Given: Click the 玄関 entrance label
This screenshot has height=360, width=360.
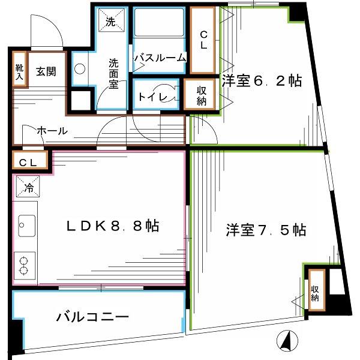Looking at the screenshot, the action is (x=46, y=71).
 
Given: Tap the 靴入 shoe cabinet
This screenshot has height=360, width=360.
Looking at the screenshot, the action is (x=20, y=69).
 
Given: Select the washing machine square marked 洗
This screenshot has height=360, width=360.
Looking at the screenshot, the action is (x=112, y=20).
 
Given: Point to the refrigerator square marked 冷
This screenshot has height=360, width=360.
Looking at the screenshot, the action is (x=28, y=187).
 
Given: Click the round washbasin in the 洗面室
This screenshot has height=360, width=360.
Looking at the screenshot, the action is (x=80, y=68).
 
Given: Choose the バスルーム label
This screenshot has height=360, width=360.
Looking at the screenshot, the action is (x=160, y=58).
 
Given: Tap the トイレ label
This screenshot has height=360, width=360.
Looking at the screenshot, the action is (x=152, y=97).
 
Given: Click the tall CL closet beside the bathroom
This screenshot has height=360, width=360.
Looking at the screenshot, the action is (x=203, y=40).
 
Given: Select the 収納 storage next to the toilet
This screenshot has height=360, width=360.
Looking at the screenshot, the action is (x=200, y=94).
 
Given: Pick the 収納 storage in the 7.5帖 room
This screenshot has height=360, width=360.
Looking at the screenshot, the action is (x=317, y=290).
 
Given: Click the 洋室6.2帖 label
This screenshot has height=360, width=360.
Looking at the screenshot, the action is (x=262, y=81).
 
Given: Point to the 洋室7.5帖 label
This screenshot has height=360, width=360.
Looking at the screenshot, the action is (x=266, y=230).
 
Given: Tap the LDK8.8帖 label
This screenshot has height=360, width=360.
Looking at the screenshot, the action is (x=113, y=226).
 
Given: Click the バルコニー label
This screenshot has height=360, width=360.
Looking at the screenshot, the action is (x=92, y=317).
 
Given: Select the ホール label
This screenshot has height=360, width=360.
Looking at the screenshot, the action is (x=52, y=131).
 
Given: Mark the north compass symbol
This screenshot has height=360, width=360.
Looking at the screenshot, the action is (x=287, y=341).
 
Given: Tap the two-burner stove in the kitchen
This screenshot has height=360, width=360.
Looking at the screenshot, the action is (x=25, y=265).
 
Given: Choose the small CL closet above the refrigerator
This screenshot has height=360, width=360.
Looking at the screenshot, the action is (x=30, y=160).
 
